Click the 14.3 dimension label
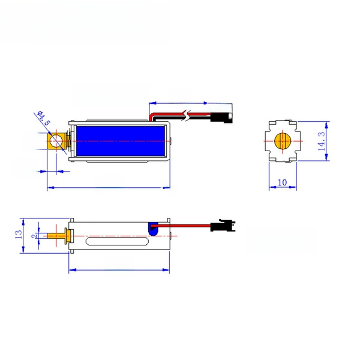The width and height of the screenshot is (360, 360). coord(322,141)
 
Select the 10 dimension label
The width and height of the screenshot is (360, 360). coord(283,182)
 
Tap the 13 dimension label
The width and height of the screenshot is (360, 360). coord(19,234)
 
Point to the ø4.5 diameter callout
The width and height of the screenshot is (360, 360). coord(43,118)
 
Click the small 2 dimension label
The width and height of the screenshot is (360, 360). coord(34,236)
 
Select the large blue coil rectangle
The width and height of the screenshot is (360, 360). coord(121,141)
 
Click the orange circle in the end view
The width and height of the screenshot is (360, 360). coord(283,141)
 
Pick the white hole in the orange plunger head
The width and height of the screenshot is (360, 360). coord(56,141)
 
